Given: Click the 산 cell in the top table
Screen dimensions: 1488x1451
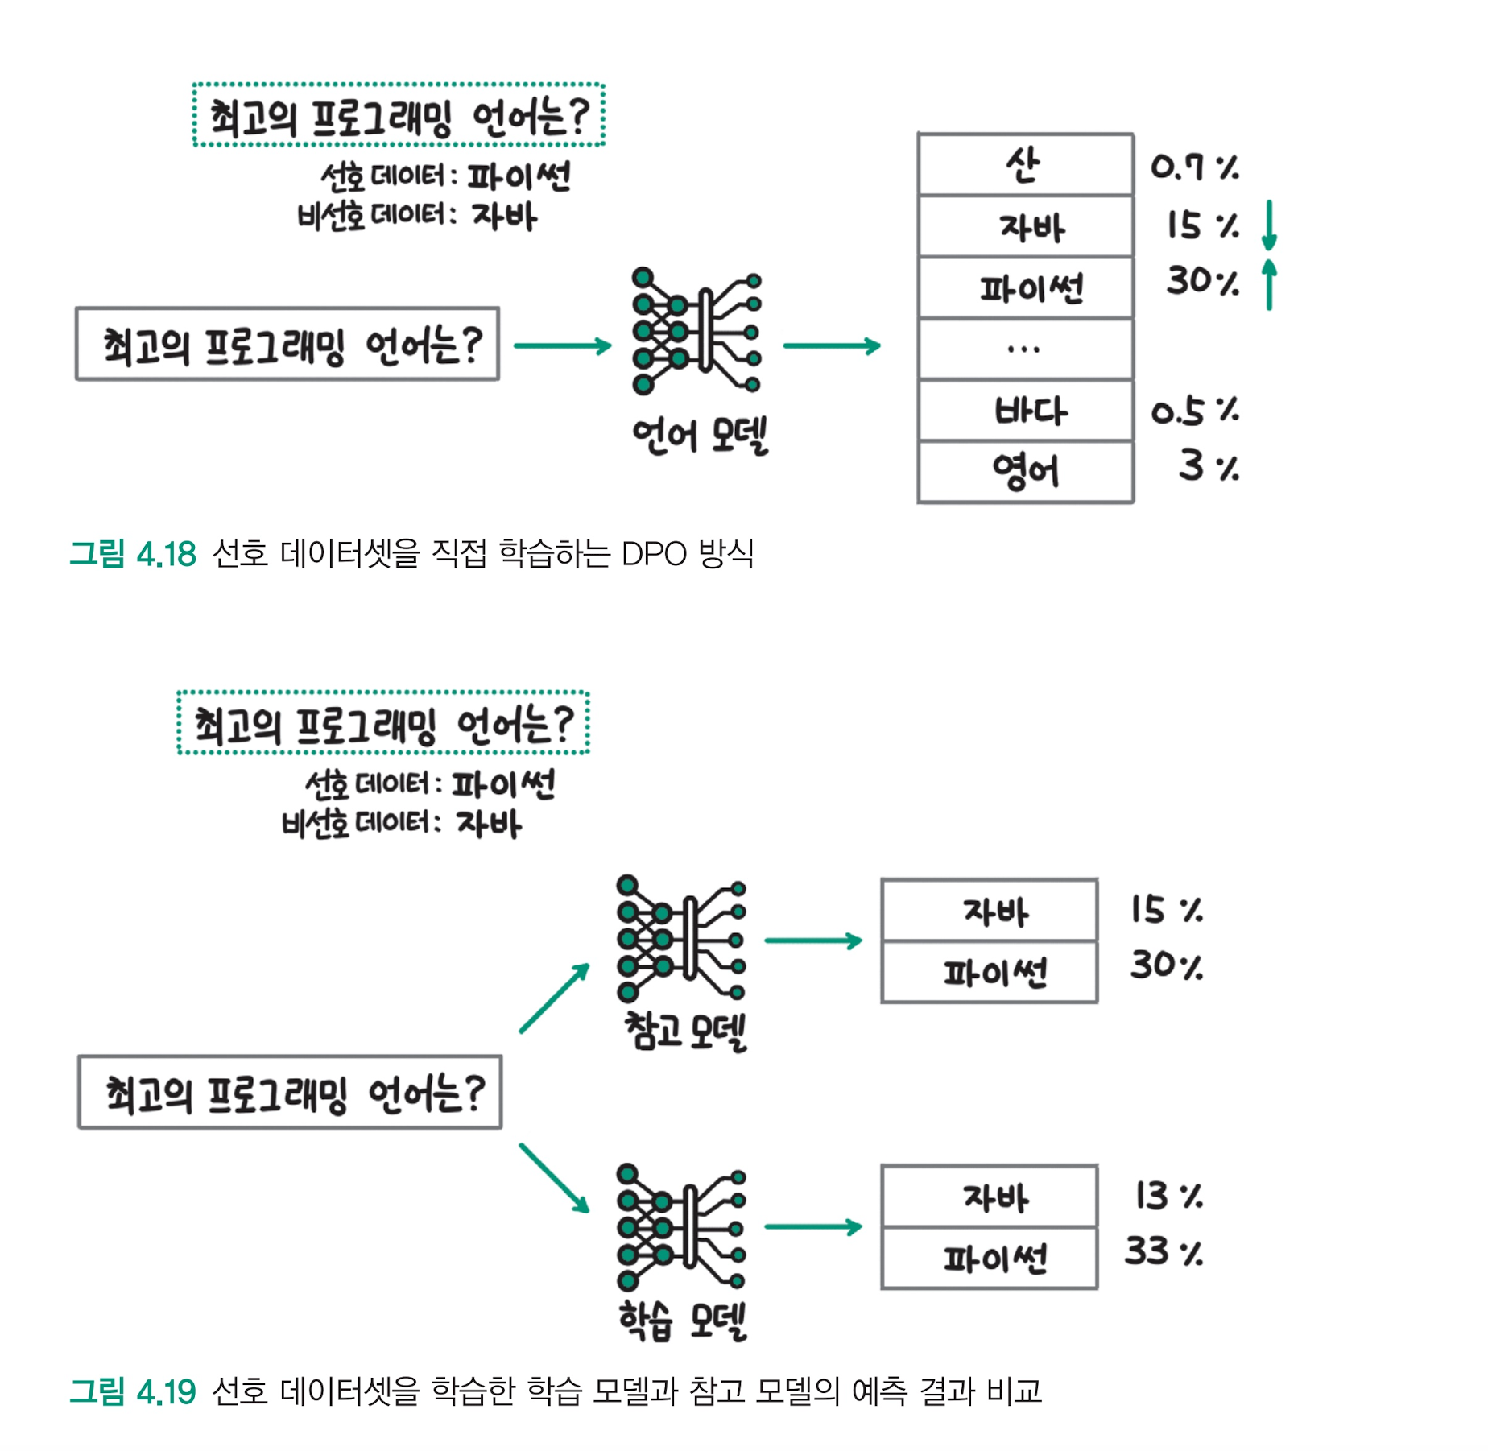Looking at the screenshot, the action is pyautogui.click(x=1024, y=165).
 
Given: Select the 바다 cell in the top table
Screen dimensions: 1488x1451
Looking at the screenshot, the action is pyautogui.click(x=1024, y=411).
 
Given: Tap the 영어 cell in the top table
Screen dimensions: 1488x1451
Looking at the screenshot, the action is pyautogui.click(x=1024, y=472).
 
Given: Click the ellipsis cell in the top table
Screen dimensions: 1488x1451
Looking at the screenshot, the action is pyautogui.click(x=1024, y=349).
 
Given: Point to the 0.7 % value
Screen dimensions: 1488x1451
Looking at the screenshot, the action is pyautogui.click(x=1194, y=167).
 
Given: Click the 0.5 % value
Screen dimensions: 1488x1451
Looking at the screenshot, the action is pyautogui.click(x=1194, y=411).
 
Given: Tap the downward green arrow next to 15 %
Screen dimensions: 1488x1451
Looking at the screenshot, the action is pyautogui.click(x=1269, y=225).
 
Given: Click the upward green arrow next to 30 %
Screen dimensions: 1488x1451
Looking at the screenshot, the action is pyautogui.click(x=1269, y=283).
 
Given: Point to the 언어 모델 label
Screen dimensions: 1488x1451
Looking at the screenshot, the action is pyautogui.click(x=700, y=436).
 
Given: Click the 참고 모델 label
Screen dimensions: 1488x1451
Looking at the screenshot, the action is pyautogui.click(x=685, y=1031).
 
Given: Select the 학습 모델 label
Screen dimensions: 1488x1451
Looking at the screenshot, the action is pyautogui.click(x=683, y=1321).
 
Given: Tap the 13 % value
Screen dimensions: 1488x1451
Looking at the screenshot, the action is pyautogui.click(x=1168, y=1196).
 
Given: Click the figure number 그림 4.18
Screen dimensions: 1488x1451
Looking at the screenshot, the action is pyautogui.click(x=133, y=554).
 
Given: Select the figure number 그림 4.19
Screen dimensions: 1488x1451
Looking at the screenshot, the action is pyautogui.click(x=133, y=1391).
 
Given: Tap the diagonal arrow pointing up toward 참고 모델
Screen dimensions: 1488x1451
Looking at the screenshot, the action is pyautogui.click(x=555, y=998).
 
